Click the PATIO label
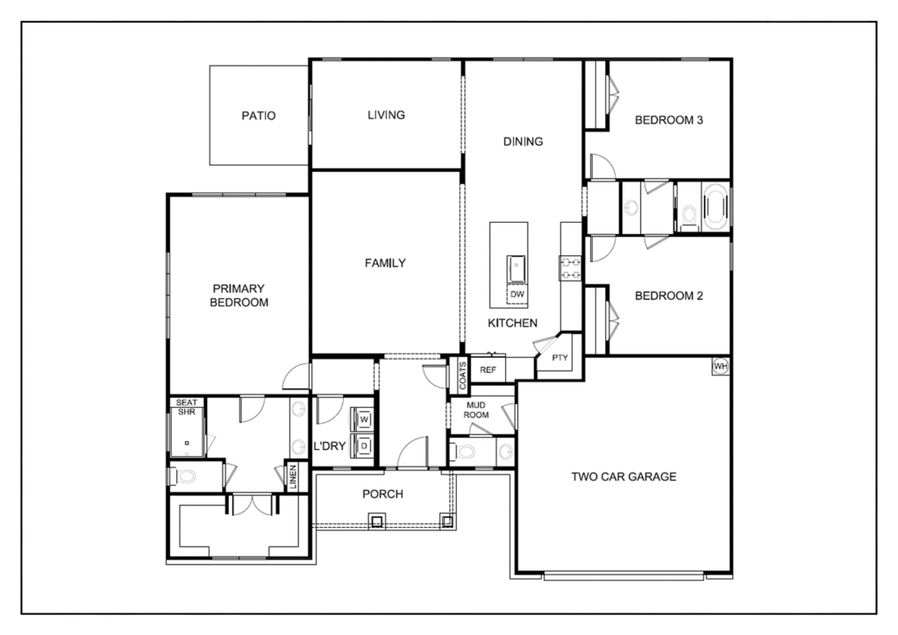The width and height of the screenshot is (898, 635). coord(259,116)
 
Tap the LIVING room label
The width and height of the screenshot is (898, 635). coord(386,115)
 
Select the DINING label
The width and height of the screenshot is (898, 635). coord(523,141)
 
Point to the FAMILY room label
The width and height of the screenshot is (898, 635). coord(385,263)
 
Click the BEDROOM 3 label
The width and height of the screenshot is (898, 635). coord(668,120)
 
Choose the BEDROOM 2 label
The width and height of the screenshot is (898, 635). coord(668,296)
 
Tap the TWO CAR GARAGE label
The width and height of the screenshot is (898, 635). coord(624,476)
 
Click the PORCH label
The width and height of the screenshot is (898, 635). coord(382,494)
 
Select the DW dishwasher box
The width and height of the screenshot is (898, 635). coord(517,294)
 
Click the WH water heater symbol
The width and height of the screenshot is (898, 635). coord(721,366)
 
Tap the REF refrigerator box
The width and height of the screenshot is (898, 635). coord(488,370)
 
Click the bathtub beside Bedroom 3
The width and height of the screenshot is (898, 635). coord(715,207)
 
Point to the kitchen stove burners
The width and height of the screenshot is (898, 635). coord(570,268)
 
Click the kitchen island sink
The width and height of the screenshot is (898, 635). coord(517,269)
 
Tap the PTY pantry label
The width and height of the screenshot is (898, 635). coord(559,358)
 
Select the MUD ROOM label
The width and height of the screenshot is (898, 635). coord(476,410)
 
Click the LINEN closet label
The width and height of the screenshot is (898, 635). coord(293,476)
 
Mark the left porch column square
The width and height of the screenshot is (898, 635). coord(376,522)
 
